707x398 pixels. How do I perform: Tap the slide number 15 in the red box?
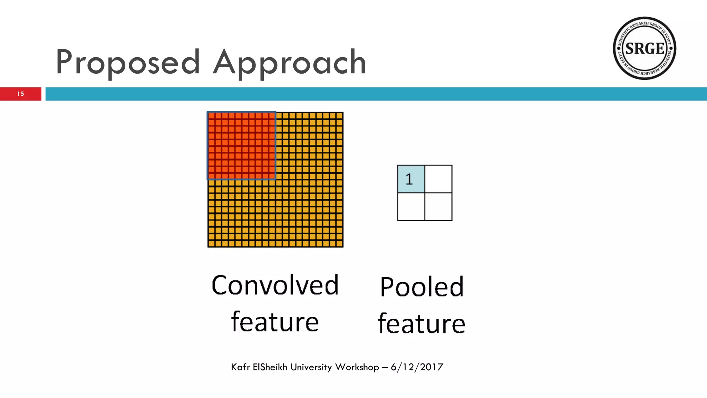pos(21,94)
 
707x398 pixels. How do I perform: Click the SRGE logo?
pos(644,48)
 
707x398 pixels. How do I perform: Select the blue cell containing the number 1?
pos(411,179)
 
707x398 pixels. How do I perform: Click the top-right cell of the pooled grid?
pos(438,179)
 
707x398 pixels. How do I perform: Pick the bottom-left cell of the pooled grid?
pos(411,207)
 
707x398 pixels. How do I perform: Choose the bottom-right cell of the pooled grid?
pos(438,207)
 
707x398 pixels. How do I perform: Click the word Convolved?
pos(275,285)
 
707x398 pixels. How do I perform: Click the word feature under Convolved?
pos(275,322)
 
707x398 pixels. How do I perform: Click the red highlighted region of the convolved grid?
pos(242,145)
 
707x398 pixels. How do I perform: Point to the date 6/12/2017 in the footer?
pos(417,367)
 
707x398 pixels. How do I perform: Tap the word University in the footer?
pos(311,367)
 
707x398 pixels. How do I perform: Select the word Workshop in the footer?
pos(357,367)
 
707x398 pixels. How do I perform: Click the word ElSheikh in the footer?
pos(270,367)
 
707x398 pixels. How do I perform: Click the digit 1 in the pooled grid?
pos(409,179)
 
